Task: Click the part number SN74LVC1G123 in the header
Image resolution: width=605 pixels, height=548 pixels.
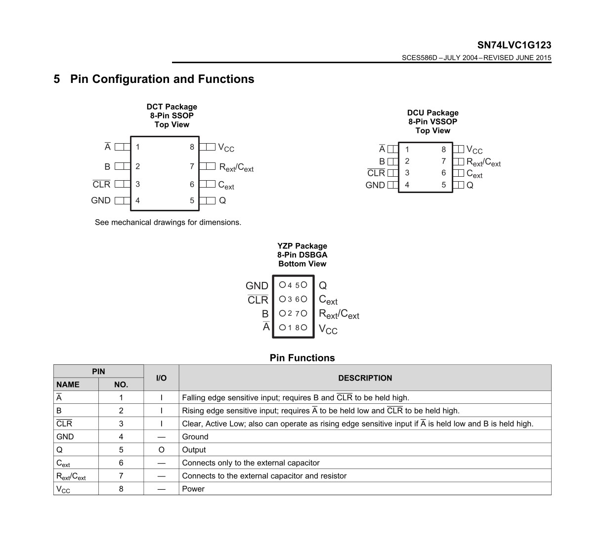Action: [514, 45]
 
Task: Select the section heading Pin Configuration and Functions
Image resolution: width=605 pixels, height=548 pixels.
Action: [162, 79]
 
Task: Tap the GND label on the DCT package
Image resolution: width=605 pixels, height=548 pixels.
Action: [101, 200]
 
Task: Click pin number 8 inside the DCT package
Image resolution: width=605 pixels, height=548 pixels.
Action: [192, 147]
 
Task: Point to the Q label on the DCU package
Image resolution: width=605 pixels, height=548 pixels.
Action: [470, 185]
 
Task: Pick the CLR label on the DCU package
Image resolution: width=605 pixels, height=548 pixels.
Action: [376, 173]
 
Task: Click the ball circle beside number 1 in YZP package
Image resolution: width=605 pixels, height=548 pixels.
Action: [282, 327]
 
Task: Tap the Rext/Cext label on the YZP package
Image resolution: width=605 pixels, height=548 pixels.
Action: [339, 314]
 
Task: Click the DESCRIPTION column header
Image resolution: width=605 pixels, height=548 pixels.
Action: [365, 378]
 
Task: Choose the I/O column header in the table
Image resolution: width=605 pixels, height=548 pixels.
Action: [161, 378]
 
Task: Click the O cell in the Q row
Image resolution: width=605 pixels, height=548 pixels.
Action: [161, 450]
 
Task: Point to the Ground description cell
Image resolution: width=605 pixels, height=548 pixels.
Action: [195, 437]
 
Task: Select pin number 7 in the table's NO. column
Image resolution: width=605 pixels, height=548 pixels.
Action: [121, 476]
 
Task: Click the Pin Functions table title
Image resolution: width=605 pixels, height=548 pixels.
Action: [302, 358]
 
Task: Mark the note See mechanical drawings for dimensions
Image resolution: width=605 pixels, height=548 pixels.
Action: [168, 222]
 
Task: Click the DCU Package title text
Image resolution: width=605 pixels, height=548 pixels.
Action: [433, 113]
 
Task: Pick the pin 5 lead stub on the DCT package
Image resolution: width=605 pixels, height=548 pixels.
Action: [207, 200]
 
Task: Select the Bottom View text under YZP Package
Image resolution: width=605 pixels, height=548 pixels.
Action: [302, 264]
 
